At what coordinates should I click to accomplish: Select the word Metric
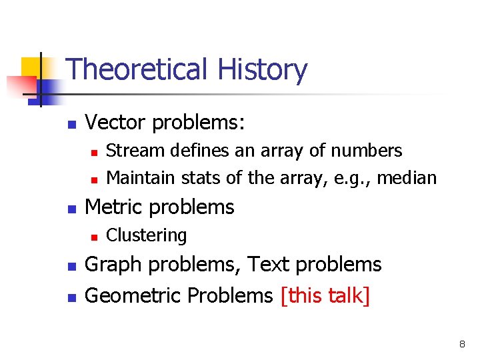coord(113,207)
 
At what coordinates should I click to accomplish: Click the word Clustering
coord(147,235)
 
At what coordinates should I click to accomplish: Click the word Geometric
coord(133,295)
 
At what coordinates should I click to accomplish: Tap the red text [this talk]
coord(325,295)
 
